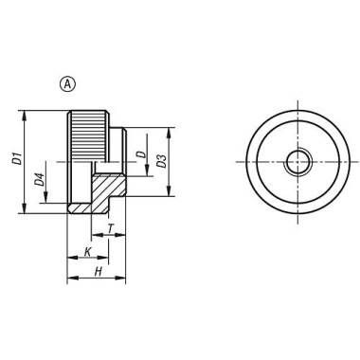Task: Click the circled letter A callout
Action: click(68, 84)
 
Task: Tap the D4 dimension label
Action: click(39, 180)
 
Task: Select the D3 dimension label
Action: click(161, 161)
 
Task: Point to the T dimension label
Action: click(110, 228)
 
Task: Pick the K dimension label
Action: click(88, 252)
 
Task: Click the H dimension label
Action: click(99, 271)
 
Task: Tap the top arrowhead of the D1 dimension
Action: click(24, 115)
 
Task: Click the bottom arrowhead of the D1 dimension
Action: click(24, 208)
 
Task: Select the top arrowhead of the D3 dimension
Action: click(170, 133)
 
